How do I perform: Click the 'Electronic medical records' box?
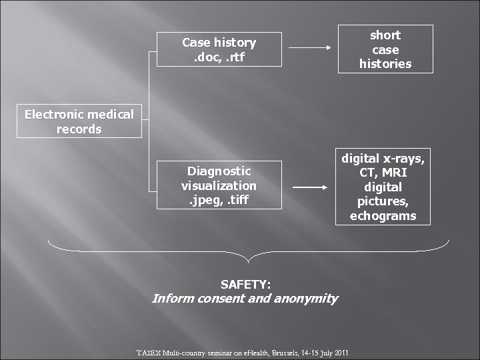[x=79, y=122]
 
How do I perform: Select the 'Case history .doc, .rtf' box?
[x=219, y=49]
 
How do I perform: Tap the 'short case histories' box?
[x=385, y=49]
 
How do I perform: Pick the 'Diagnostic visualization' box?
[x=219, y=185]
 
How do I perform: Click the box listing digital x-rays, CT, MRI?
[x=383, y=187]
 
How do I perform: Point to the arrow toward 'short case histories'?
[x=311, y=49]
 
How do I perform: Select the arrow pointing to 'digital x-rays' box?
[x=311, y=188]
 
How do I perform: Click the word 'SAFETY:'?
[x=245, y=284]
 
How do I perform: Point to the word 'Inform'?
[x=171, y=298]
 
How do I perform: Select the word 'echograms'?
[x=383, y=216]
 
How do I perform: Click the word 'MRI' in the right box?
[x=399, y=173]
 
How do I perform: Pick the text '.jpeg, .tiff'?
[x=219, y=199]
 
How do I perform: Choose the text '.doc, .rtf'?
[x=219, y=57]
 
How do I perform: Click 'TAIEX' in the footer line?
[x=147, y=351]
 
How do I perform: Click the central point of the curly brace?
[x=248, y=261]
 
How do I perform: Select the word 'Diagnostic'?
[x=219, y=171]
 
